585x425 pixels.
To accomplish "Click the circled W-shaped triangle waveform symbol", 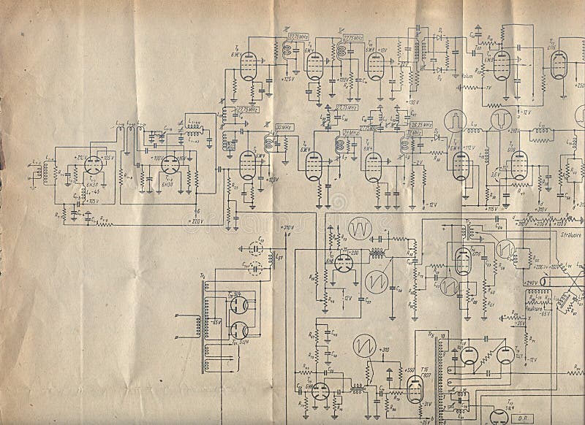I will (360, 229).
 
